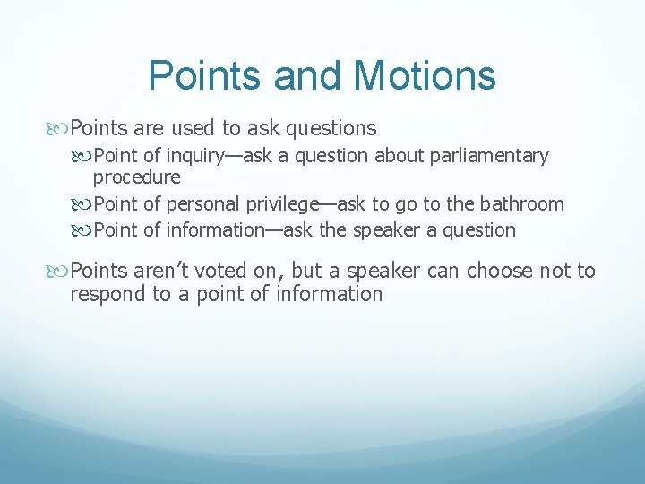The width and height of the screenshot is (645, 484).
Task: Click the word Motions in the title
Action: point(426,75)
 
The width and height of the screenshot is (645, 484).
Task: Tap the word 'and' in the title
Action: point(304,75)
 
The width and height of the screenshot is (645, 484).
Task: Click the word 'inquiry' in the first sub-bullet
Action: point(193,156)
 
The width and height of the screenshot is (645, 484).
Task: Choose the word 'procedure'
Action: point(136,177)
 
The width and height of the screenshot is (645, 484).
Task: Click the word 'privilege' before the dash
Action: point(275,204)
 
